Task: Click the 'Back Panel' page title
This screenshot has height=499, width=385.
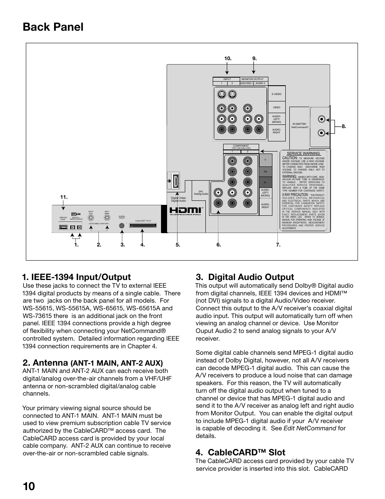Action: [53, 27]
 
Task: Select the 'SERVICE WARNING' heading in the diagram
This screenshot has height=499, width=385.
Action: [303, 154]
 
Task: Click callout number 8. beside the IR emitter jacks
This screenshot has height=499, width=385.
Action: [344, 126]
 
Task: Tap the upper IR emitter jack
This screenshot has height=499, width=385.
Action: [321, 119]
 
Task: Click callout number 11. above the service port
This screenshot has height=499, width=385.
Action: [63, 197]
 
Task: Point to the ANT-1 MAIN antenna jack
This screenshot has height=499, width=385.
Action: [107, 217]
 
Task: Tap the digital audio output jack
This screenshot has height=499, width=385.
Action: [121, 226]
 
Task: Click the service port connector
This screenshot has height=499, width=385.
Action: [63, 227]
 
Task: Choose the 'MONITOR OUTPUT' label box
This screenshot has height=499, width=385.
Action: [252, 79]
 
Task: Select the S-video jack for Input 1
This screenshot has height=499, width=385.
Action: [221, 95]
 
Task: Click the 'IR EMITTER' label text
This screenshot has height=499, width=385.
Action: [299, 124]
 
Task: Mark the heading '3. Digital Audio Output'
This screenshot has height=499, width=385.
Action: [245, 277]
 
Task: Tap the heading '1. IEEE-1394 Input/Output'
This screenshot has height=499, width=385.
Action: [77, 277]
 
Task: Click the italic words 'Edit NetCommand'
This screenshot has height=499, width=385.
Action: [310, 428]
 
